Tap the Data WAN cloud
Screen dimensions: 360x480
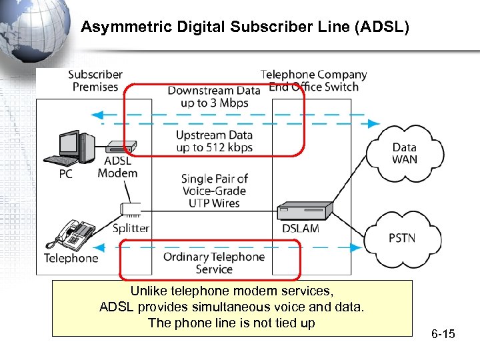pos(404,153)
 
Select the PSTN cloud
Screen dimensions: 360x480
pos(401,238)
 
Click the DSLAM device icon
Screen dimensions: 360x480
pos(304,211)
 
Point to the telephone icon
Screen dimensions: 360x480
pos(74,233)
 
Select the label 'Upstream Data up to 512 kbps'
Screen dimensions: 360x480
pos(214,141)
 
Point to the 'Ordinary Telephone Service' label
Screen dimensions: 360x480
pos(214,263)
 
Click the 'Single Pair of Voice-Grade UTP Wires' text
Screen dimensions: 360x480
pos(214,191)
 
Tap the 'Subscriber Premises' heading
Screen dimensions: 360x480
pos(95,81)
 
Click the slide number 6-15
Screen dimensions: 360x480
pos(443,333)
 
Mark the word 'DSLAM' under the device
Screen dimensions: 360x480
pos(301,229)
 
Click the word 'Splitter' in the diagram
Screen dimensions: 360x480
pos(131,228)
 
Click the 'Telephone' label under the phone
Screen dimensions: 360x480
pos(71,258)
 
